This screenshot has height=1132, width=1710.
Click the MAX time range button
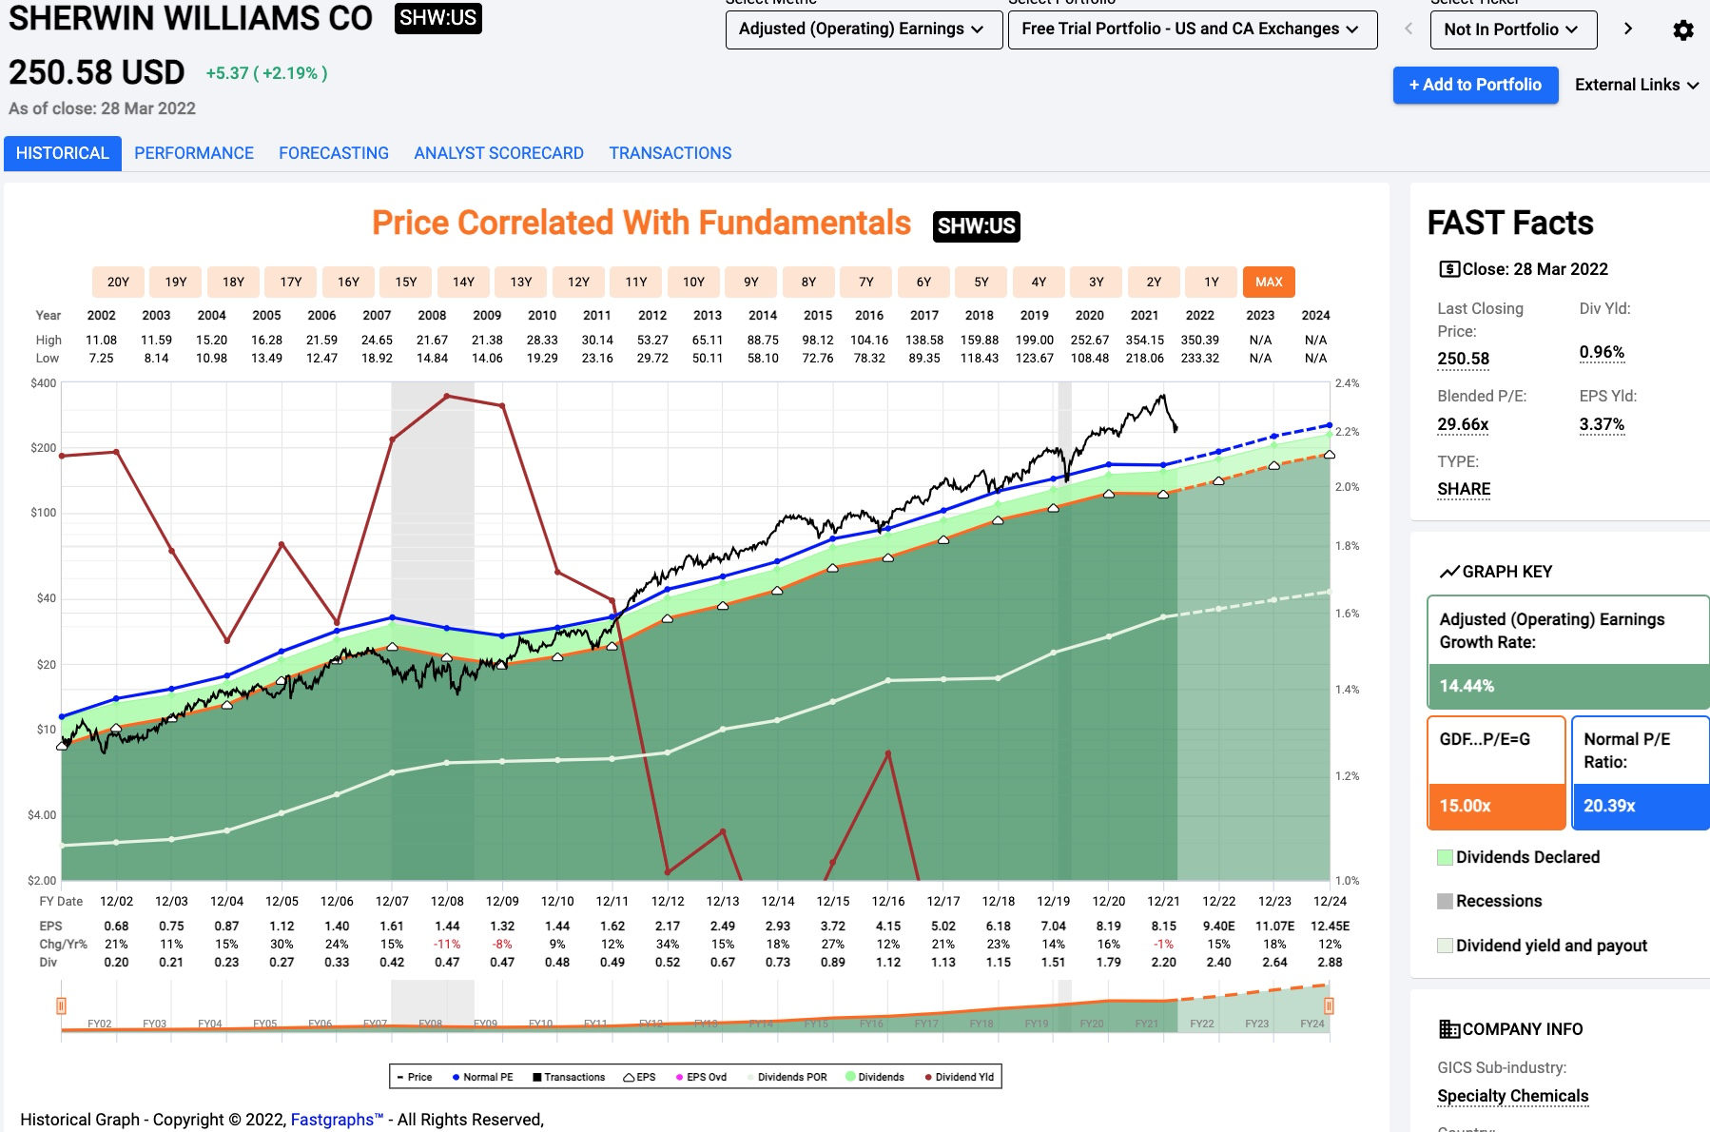click(x=1269, y=282)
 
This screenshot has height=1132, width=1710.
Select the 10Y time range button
click(x=693, y=282)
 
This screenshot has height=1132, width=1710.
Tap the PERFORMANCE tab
click(x=194, y=153)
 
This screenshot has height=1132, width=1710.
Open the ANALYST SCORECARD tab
click(x=498, y=153)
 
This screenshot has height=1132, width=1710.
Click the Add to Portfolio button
click(x=1475, y=85)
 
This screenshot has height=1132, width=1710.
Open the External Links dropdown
click(x=1636, y=85)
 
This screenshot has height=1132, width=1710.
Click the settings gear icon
click(x=1682, y=30)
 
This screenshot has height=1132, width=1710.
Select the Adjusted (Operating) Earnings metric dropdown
click(x=863, y=29)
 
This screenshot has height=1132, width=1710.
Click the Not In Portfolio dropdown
click(x=1512, y=29)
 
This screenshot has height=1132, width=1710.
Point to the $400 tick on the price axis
click(x=44, y=383)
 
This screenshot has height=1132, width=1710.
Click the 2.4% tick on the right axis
click(x=1347, y=383)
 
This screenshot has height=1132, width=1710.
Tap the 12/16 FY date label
click(x=888, y=901)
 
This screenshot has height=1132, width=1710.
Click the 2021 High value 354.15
click(x=1144, y=340)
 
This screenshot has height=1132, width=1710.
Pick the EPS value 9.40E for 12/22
click(x=1218, y=926)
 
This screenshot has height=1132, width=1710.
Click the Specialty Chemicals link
click(x=1512, y=1096)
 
